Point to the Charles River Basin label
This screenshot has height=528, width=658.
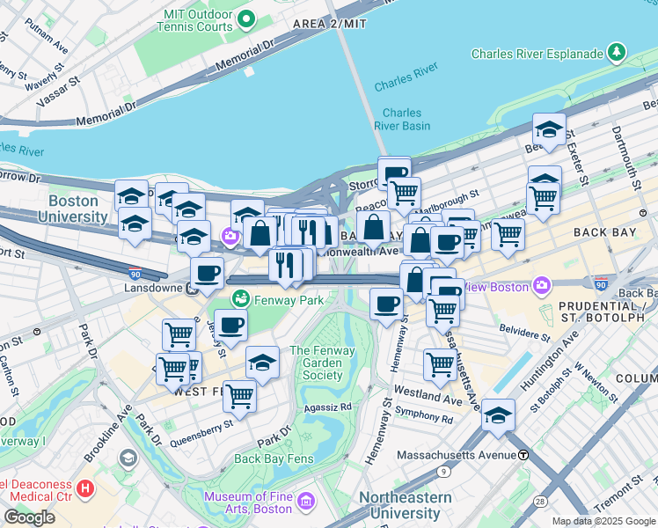(x=402, y=119)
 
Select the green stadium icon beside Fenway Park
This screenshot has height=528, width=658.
(x=238, y=299)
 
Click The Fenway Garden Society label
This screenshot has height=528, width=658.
(x=323, y=363)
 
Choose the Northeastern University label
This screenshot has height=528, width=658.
(x=405, y=504)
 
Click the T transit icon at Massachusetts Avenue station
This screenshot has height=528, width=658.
(x=523, y=455)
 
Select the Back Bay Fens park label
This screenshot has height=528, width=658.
(x=273, y=458)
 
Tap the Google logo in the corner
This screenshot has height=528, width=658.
(x=29, y=517)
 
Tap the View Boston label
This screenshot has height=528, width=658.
(x=493, y=286)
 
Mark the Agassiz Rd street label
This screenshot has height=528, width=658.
(x=327, y=407)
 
